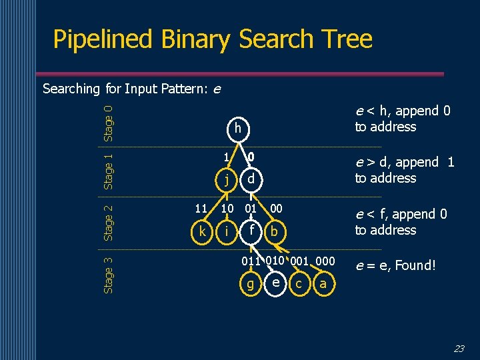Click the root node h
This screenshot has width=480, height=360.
pos(237,129)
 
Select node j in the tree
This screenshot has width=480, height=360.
pos(227,179)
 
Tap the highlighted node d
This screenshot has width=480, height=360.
pos(251,179)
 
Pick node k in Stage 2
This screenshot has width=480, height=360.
pos(202,231)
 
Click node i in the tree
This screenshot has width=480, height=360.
pos(227,231)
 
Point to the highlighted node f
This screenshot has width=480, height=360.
pos(251,231)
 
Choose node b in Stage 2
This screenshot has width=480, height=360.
pos(274,231)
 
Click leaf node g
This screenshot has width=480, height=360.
pos(251,284)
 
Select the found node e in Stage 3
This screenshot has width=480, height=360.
pos(275,283)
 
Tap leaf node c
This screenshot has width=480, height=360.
pos(299,284)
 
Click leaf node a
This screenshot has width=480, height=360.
pos(323,284)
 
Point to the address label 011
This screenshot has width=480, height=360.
pos(251,261)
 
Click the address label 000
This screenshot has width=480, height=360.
pos(325,261)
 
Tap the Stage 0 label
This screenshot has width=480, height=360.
pos(109,120)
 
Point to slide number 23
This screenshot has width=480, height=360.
pos(459,348)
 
